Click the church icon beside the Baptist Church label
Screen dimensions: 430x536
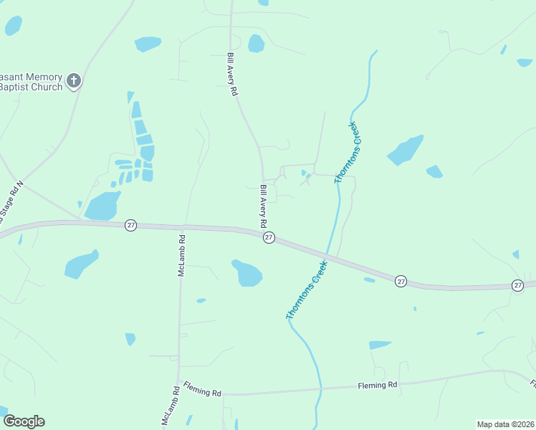coord(74,80)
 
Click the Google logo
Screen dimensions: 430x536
coord(24,421)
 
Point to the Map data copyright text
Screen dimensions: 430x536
coord(505,424)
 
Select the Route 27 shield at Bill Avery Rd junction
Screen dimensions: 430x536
coord(269,237)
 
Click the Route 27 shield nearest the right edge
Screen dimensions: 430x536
coord(518,285)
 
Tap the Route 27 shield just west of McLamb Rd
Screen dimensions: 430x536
coord(130,224)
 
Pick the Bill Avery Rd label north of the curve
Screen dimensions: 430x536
coord(232,74)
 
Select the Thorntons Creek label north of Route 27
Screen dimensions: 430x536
coord(346,153)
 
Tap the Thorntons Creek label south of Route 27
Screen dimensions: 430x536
coord(306,290)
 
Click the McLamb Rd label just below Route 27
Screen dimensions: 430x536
coord(182,257)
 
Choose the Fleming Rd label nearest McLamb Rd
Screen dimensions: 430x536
coord(202,390)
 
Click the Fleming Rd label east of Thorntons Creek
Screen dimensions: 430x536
coord(377,386)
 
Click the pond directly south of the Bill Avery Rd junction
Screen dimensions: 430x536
coord(247,272)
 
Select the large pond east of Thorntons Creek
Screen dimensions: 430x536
coord(405,150)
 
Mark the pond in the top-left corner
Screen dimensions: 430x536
coord(13,26)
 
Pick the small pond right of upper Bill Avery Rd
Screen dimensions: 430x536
coord(256,44)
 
